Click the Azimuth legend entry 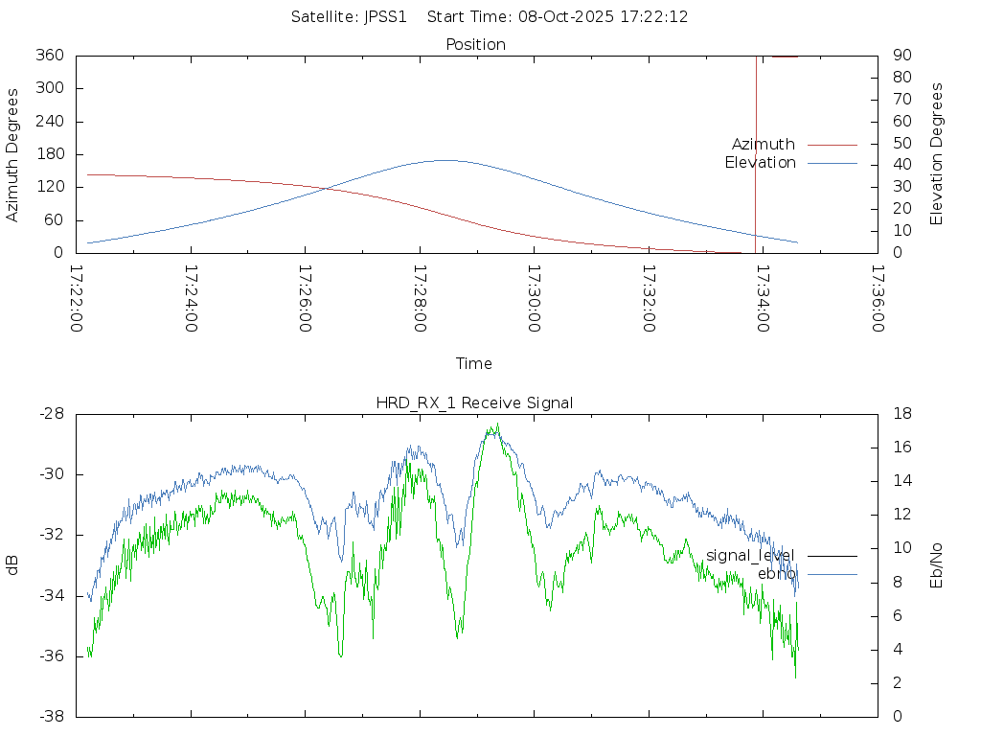click(764, 144)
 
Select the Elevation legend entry click(761, 163)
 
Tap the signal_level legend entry click(750, 555)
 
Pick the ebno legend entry click(776, 573)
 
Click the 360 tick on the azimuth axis click(51, 56)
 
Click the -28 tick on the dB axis click(53, 413)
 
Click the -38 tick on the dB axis click(53, 716)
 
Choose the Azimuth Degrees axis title click(13, 154)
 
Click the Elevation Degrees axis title click(937, 154)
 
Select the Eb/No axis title click(937, 565)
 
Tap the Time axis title click(474, 363)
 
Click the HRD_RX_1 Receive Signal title click(474, 402)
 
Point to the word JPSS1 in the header click(386, 16)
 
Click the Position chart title click(475, 44)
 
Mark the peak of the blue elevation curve click(446, 160)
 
